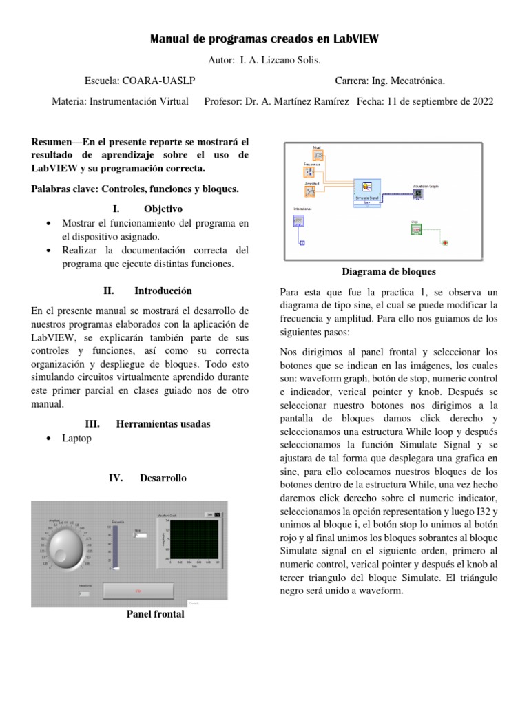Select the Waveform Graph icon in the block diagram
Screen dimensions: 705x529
click(x=419, y=193)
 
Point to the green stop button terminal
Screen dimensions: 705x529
click(x=415, y=230)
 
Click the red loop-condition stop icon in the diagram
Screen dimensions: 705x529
click(x=446, y=243)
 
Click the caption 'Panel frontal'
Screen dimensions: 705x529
click(x=156, y=614)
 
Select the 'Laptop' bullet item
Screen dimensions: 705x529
click(x=76, y=438)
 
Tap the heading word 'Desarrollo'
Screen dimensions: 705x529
click(x=163, y=478)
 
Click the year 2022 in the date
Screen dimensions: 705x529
click(x=481, y=101)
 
